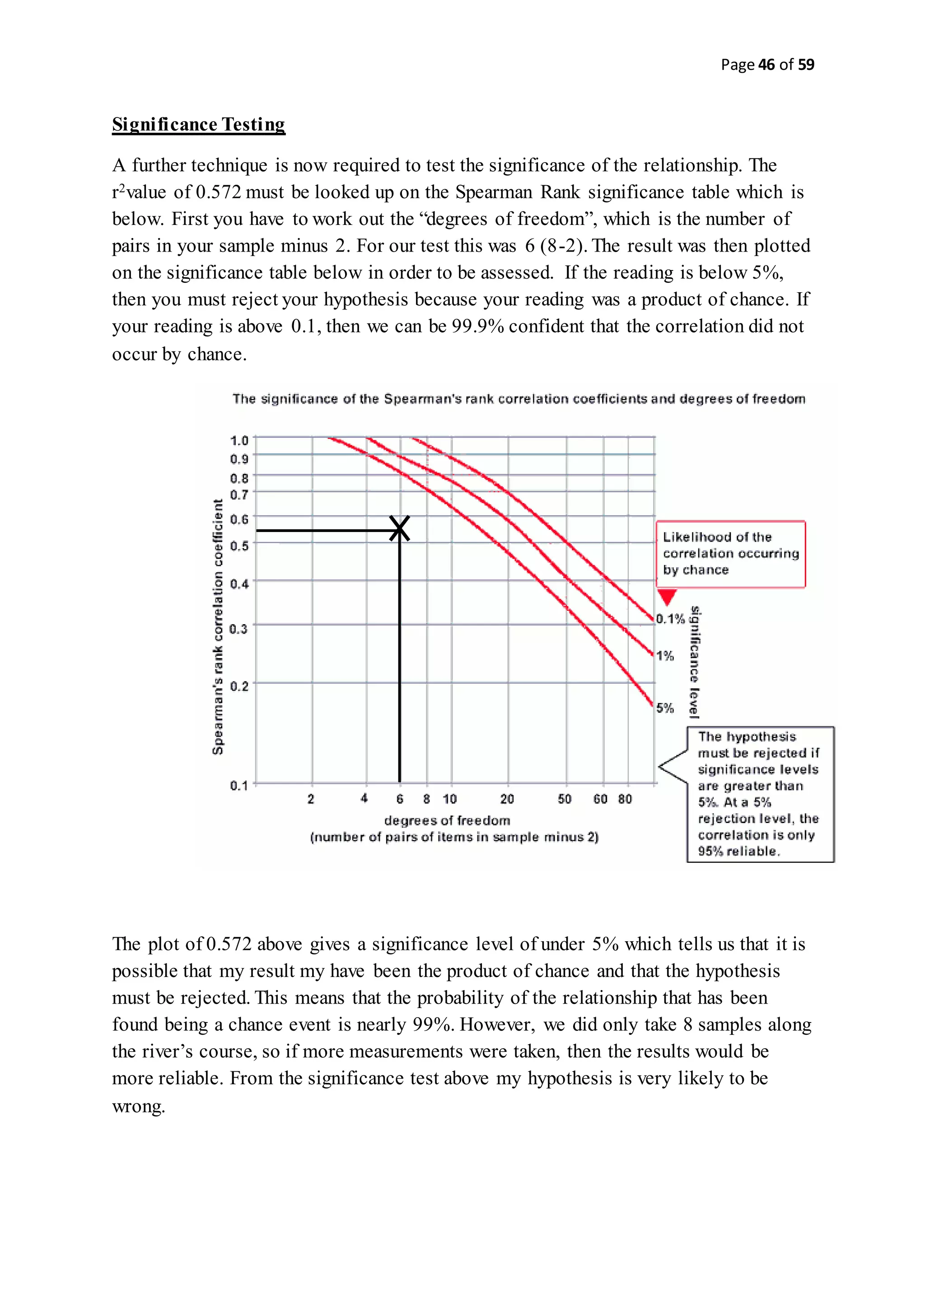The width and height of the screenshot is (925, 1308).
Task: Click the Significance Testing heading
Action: tap(198, 124)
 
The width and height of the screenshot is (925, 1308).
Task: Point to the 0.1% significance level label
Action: tap(670, 619)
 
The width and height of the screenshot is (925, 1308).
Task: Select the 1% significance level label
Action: tap(665, 656)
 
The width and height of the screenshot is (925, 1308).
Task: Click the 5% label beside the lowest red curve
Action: tap(665, 708)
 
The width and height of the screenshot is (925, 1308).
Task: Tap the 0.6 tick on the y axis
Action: tap(239, 519)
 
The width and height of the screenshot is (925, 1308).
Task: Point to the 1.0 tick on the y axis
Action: tap(239, 440)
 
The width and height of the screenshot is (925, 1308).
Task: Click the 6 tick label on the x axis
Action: tap(399, 799)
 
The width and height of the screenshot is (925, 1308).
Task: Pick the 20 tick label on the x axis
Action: tap(507, 799)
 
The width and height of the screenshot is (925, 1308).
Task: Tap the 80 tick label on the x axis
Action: tap(625, 799)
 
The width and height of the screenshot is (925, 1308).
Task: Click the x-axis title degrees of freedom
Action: tap(447, 820)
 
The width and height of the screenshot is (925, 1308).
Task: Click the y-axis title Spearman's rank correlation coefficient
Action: tap(218, 626)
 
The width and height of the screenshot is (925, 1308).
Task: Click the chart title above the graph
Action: tap(519, 399)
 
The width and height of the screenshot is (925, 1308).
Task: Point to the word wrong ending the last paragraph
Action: tap(138, 1106)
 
